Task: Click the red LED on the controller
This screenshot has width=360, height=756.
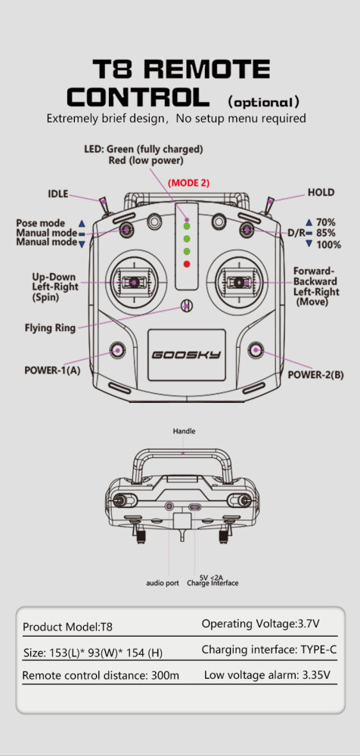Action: pyautogui.click(x=186, y=264)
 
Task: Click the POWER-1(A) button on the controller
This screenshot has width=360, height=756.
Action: pyautogui.click(x=117, y=350)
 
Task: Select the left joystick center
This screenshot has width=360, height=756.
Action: pyautogui.click(x=135, y=282)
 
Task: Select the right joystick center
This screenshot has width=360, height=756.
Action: pyautogui.click(x=239, y=282)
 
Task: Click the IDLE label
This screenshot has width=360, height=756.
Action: pyautogui.click(x=57, y=194)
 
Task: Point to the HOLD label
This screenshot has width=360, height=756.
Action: pyautogui.click(x=321, y=193)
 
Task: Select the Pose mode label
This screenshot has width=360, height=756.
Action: pyautogui.click(x=41, y=223)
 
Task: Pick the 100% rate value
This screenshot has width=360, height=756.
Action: pyautogui.click(x=329, y=245)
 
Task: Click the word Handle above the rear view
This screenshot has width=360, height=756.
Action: pyautogui.click(x=184, y=431)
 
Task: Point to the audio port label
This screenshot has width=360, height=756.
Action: pyautogui.click(x=163, y=583)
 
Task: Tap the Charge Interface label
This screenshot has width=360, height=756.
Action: pyautogui.click(x=213, y=583)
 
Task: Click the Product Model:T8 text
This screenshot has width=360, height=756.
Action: pyautogui.click(x=67, y=627)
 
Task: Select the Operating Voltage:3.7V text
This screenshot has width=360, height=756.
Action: pyautogui.click(x=260, y=624)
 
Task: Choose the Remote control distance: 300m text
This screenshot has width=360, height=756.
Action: pyautogui.click(x=101, y=675)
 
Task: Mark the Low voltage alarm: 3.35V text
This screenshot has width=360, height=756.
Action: pyautogui.click(x=266, y=674)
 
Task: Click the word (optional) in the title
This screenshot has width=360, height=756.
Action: pyautogui.click(x=263, y=102)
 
